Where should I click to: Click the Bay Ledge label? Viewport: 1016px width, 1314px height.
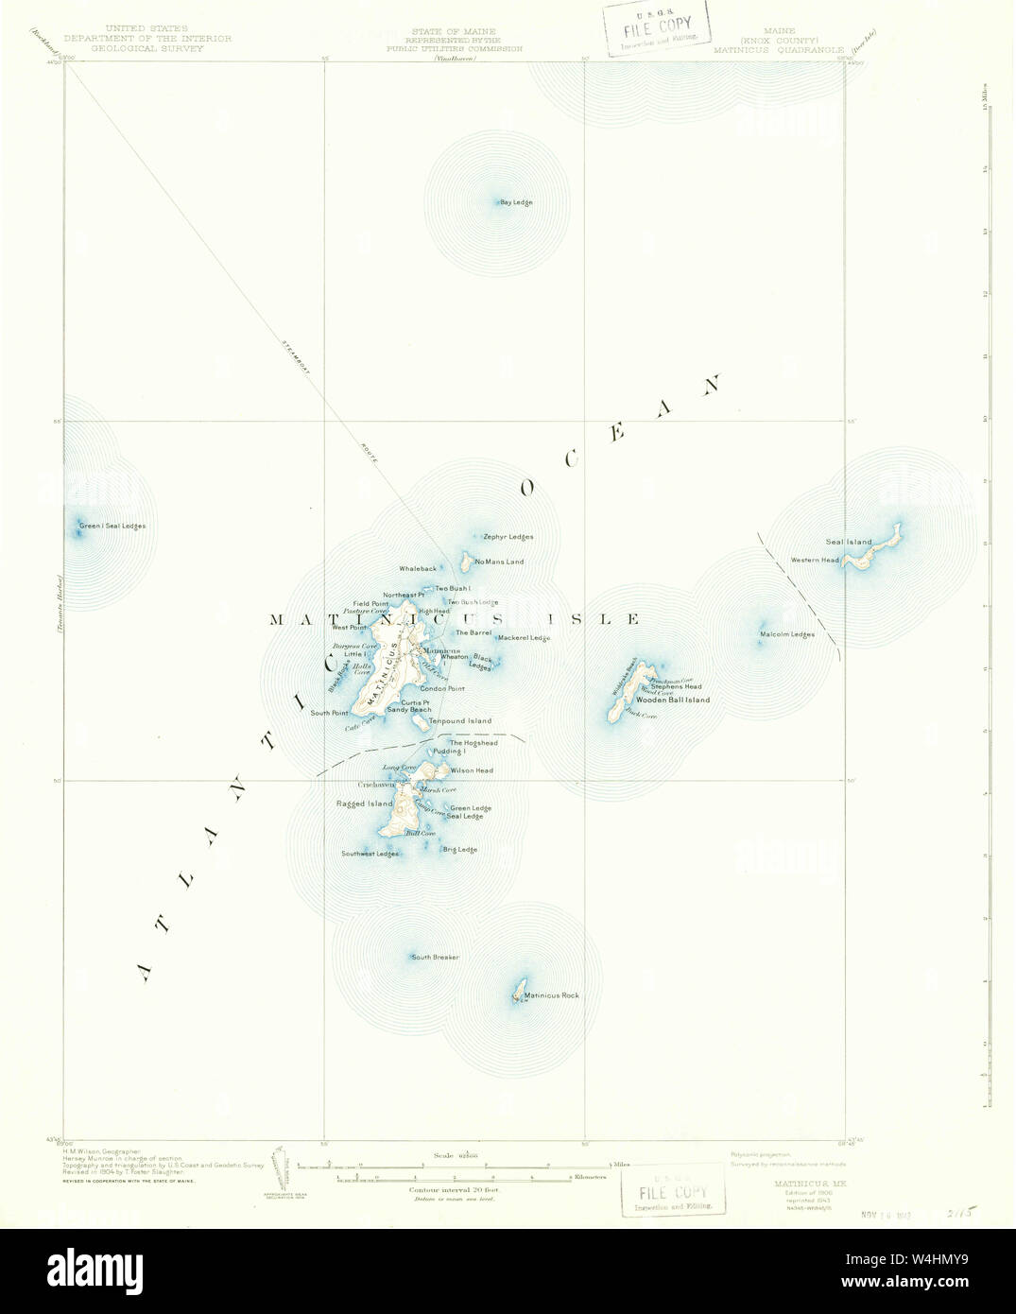(516, 202)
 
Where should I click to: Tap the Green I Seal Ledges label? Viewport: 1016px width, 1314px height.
(112, 526)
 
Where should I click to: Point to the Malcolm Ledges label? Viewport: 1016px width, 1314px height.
(787, 634)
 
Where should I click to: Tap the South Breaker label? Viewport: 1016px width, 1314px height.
(435, 958)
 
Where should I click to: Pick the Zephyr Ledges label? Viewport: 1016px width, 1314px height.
(508, 537)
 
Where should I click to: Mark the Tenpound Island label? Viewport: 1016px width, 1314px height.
(460, 721)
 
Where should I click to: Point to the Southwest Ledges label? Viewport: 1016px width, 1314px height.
(370, 854)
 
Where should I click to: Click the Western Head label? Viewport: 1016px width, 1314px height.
(815, 561)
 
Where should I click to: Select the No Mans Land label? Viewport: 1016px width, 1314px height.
(500, 562)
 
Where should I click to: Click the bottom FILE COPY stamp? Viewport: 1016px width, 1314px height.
(673, 1190)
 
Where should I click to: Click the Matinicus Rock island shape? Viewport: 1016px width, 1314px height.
(518, 994)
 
